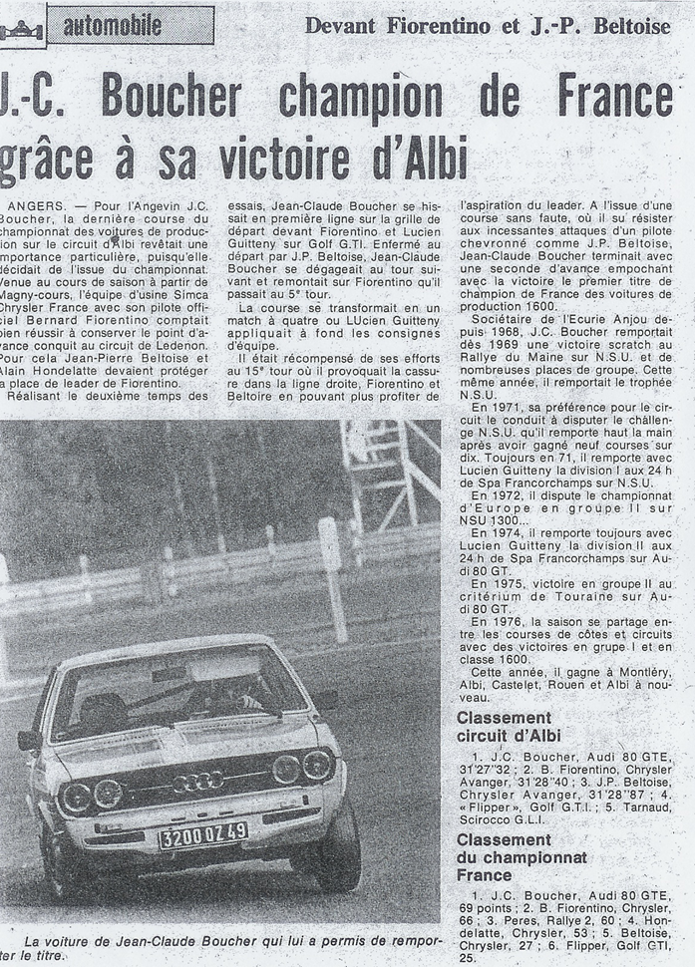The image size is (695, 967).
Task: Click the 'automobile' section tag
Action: [131, 25]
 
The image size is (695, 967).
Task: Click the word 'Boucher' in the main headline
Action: [172, 98]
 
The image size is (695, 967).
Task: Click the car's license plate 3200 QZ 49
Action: [203, 833]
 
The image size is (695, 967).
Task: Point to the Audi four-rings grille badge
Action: [197, 781]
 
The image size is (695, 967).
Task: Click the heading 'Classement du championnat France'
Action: [521, 857]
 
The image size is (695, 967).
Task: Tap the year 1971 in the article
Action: [493, 407]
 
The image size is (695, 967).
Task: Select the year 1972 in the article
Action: [493, 495]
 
